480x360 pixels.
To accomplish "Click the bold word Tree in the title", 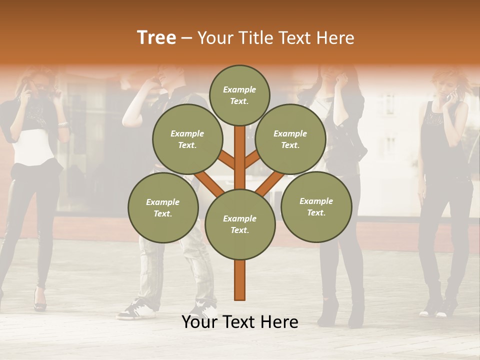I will tap(156, 38).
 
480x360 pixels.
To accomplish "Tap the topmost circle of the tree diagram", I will tap(239, 95).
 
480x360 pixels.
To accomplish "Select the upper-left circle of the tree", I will tap(187, 139).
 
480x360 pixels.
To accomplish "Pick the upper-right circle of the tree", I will tap(290, 139).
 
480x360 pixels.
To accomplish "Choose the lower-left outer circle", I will tap(163, 207).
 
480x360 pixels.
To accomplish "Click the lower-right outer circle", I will tap(316, 206).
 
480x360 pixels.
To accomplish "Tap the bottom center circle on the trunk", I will tap(240, 224).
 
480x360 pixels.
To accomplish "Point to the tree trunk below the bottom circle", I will tap(240, 280).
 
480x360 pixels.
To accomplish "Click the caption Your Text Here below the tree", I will tap(240, 322).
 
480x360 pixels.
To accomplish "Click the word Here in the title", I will tap(337, 38).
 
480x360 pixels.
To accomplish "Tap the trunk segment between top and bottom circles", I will tap(240, 155).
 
